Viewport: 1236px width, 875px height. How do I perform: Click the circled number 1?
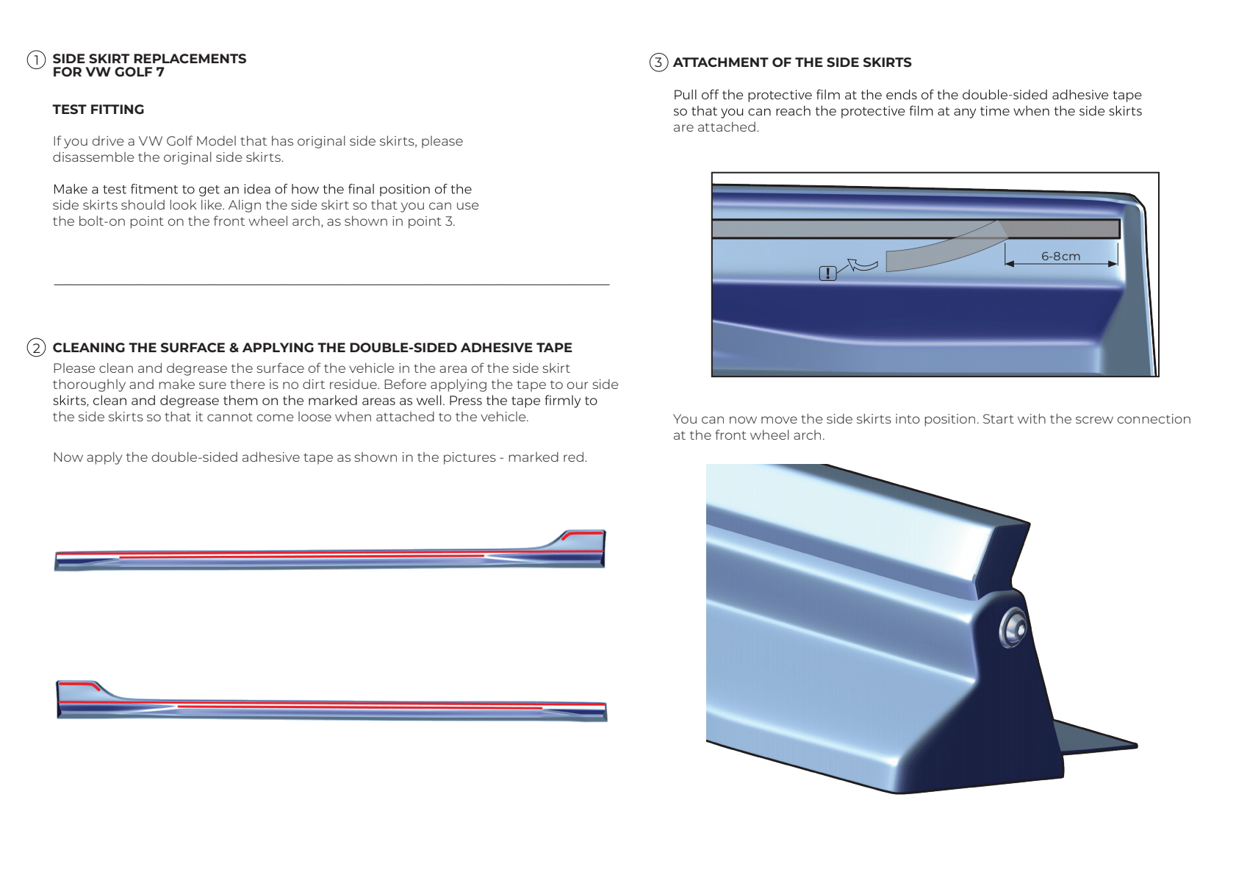point(36,60)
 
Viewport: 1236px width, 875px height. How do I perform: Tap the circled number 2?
point(36,348)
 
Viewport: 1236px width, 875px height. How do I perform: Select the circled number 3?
point(658,63)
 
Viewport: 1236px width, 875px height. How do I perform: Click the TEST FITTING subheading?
point(98,110)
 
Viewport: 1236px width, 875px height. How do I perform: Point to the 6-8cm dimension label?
point(1060,256)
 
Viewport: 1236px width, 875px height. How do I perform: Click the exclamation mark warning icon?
point(827,274)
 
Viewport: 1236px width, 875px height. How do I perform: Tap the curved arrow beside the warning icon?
point(863,264)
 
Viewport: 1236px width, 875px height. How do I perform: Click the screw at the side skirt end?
point(1013,629)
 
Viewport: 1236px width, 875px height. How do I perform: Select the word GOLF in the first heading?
point(133,72)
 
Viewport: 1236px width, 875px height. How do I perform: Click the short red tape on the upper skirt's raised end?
point(582,533)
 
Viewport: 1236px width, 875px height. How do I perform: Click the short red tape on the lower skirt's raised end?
point(79,685)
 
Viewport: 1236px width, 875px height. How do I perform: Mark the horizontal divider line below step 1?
point(331,285)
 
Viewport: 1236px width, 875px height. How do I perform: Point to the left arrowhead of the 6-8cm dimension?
point(1009,263)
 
